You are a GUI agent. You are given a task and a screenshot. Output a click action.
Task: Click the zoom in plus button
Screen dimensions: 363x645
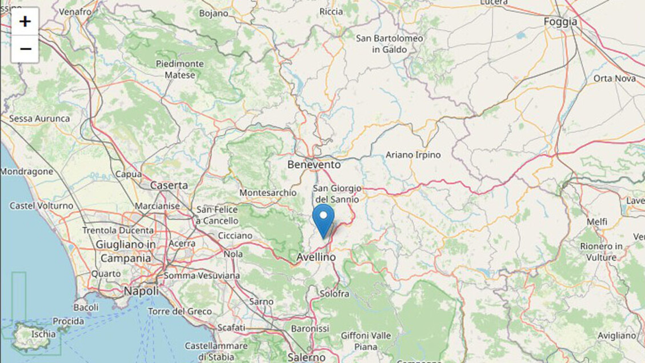tap(25, 22)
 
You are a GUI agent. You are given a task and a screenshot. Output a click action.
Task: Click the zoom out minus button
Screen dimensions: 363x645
tap(25, 49)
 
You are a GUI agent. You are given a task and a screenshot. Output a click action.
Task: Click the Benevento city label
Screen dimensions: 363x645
tap(314, 165)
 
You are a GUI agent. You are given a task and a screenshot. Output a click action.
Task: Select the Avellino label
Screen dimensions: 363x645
tap(316, 258)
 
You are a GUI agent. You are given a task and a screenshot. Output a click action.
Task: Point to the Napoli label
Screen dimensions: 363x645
tap(142, 291)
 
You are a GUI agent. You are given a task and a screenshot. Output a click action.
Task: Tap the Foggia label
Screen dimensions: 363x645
tap(560, 22)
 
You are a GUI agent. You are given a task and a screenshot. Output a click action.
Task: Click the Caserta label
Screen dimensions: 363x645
tap(169, 185)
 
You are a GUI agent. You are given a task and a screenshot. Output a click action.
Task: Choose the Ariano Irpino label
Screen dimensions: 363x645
tap(413, 155)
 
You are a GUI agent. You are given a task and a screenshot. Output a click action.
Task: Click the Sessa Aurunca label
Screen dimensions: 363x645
tap(39, 118)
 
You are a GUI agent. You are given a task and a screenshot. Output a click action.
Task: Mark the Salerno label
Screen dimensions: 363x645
tap(306, 357)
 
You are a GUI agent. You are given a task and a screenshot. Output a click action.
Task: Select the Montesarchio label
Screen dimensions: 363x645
tap(268, 193)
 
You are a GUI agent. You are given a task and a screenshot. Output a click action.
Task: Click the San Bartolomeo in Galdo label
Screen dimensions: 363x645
tap(390, 44)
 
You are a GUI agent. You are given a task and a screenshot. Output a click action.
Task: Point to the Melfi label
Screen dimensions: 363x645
tap(597, 222)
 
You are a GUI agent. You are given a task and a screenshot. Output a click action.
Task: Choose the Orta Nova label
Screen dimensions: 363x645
tap(615, 78)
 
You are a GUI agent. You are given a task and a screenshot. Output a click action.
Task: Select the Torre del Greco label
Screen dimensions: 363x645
tap(179, 312)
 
